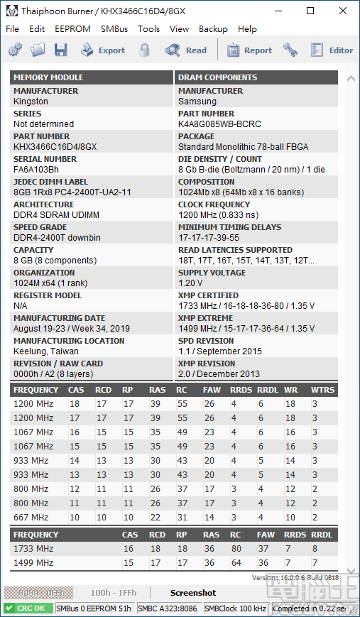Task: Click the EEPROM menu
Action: point(73,29)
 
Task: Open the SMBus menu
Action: point(114,29)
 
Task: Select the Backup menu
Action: point(213,29)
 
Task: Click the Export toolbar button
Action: point(102,50)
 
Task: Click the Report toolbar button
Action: point(249,50)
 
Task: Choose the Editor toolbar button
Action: point(332,50)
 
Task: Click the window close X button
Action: point(342,11)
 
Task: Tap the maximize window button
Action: point(310,11)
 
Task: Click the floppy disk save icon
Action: point(60,50)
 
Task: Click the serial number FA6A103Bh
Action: point(36,169)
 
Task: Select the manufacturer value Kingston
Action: point(31,101)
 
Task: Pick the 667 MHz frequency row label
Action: point(31,518)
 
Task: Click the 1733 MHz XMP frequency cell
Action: point(33,549)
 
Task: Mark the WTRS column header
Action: point(323,390)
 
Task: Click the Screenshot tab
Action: point(193,593)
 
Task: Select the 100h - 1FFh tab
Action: point(114,593)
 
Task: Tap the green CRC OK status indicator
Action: point(28,608)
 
